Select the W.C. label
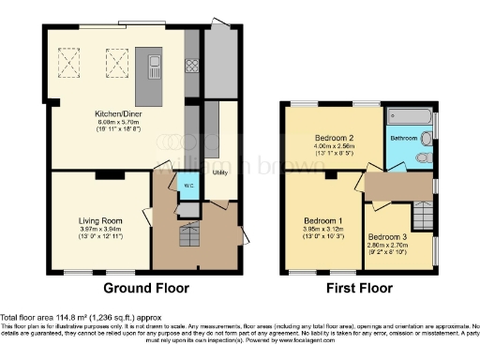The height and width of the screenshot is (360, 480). (x=188, y=184)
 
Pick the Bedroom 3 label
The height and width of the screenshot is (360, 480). (x=386, y=237)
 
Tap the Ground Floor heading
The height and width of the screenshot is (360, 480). (x=146, y=287)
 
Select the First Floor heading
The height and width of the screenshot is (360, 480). (x=354, y=287)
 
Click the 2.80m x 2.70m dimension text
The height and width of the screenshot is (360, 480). (x=386, y=245)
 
